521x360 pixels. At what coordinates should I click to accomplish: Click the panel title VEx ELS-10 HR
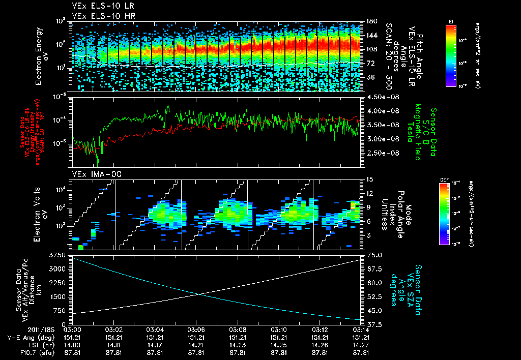(99, 16)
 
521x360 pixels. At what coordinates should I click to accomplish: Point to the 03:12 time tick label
(320, 329)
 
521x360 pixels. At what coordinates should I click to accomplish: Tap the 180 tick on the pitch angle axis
(371, 21)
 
